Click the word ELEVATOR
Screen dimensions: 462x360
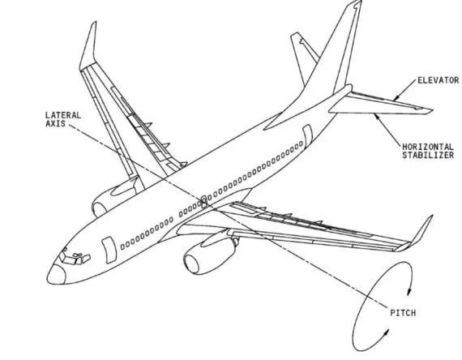tap(438, 80)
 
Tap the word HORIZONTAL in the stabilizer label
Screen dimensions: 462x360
tap(428, 147)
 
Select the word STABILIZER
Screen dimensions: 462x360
tap(428, 155)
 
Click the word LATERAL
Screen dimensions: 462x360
tap(63, 115)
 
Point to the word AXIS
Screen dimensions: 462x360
tap(55, 123)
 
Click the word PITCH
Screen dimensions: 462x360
tap(403, 313)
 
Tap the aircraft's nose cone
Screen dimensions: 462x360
tap(56, 275)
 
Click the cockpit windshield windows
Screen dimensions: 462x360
tap(75, 257)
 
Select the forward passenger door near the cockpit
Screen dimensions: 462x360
tap(109, 250)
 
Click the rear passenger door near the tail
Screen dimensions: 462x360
tap(307, 135)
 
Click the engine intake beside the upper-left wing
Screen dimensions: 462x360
tap(100, 210)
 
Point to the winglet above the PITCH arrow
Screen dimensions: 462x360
tap(416, 235)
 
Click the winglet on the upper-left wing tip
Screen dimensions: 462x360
tap(89, 45)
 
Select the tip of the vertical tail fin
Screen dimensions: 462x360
tap(357, 2)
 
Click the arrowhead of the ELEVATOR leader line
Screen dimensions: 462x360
tap(396, 97)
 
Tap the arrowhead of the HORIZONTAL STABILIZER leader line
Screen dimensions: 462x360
tap(377, 116)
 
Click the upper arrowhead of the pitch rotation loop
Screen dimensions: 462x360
tap(409, 292)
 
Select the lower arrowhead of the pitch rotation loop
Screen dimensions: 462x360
tap(386, 333)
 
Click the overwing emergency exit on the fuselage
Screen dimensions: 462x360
tap(204, 201)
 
